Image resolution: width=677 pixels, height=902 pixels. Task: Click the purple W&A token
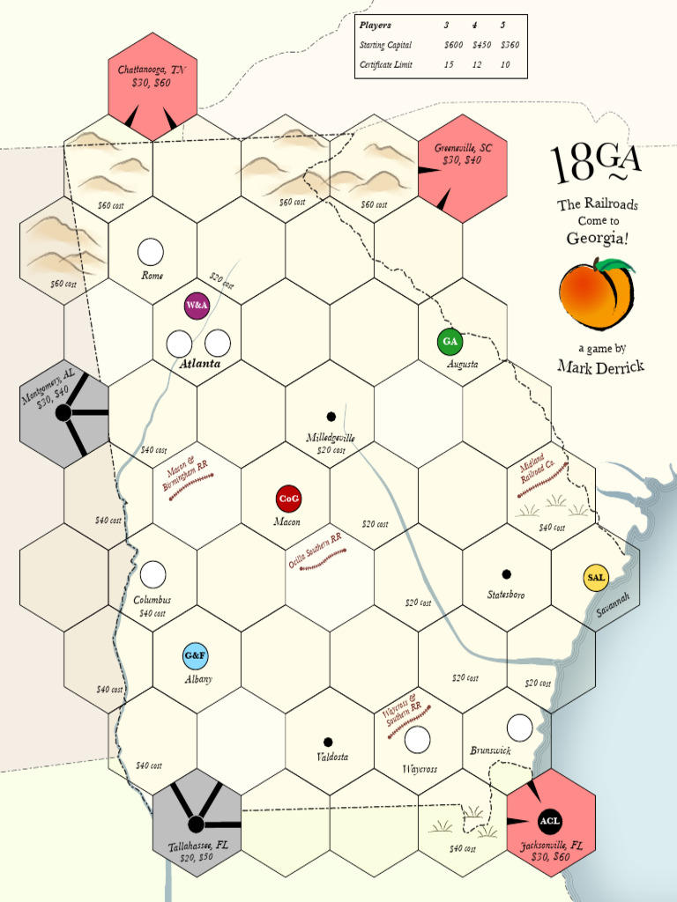coord(197,306)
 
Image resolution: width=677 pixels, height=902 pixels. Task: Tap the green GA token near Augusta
coord(450,341)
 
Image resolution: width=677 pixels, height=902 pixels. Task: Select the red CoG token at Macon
coord(288,499)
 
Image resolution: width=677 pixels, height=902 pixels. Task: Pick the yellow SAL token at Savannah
coord(596,578)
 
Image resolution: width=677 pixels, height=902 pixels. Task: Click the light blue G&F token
coord(196,656)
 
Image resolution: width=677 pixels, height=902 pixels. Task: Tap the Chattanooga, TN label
coord(153,70)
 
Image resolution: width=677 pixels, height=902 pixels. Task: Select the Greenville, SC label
coord(463,148)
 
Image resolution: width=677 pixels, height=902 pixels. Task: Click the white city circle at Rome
coord(151,252)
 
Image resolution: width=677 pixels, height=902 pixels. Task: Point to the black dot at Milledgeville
coord(331,417)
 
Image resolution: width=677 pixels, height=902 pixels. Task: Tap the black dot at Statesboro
coord(506,574)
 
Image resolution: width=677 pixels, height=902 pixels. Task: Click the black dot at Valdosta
coord(328,742)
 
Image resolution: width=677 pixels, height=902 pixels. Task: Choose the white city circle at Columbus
coord(153,574)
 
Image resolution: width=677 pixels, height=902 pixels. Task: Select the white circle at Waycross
coord(416,740)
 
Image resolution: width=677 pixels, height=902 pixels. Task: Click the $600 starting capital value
coord(453,45)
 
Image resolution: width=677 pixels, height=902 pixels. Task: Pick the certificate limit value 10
coord(504,65)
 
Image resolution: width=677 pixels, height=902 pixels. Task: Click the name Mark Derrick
coord(600,366)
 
